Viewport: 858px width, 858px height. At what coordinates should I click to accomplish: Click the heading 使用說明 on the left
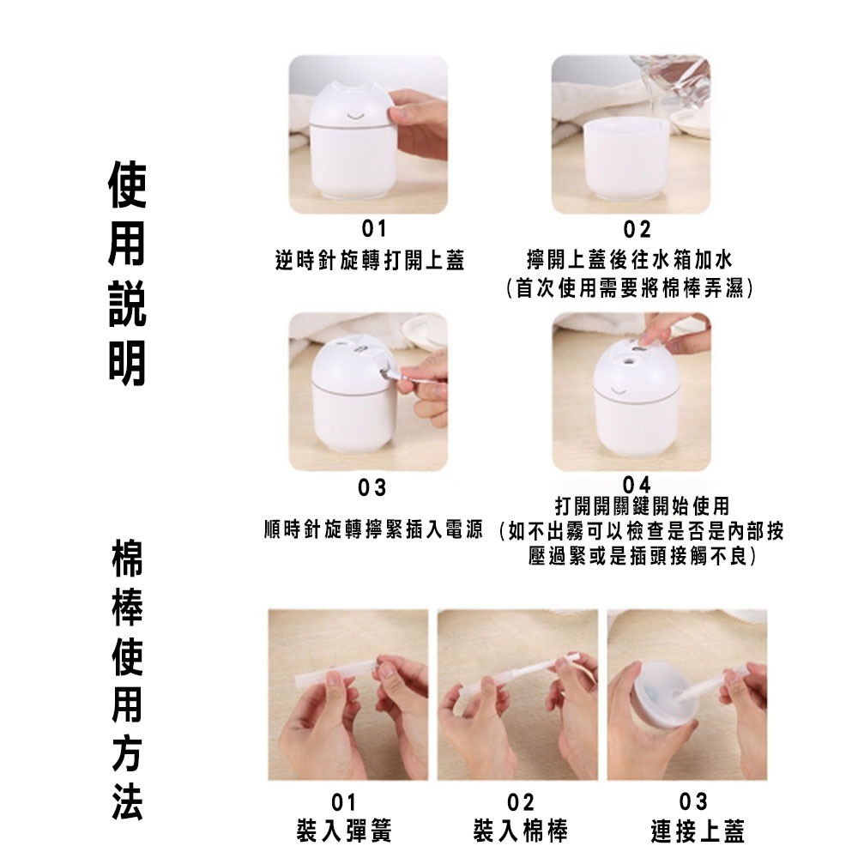pyautogui.click(x=127, y=275)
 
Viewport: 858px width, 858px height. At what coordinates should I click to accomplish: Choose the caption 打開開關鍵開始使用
pyautogui.click(x=642, y=505)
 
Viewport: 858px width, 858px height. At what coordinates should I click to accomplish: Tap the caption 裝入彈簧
pyautogui.click(x=344, y=831)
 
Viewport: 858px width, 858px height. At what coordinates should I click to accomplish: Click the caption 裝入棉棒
pyautogui.click(x=520, y=831)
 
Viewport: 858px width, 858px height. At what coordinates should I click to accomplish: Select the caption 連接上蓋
pyautogui.click(x=697, y=831)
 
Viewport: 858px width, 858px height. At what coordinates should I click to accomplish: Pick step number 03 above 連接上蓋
pyautogui.click(x=692, y=802)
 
